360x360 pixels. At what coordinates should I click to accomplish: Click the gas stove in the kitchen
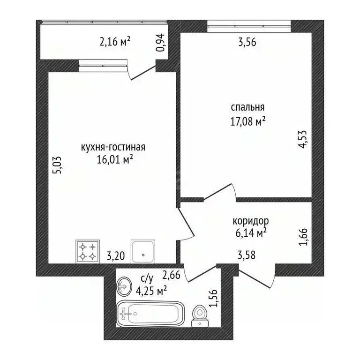tap(88, 251)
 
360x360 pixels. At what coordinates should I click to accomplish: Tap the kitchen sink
tap(143, 251)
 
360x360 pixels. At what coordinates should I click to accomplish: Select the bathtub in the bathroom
tap(150, 314)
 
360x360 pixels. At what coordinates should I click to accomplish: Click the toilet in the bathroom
tap(200, 315)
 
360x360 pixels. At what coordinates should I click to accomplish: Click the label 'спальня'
tap(247, 107)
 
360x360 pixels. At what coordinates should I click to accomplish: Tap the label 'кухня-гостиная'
tap(113, 147)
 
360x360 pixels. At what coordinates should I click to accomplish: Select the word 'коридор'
tap(251, 221)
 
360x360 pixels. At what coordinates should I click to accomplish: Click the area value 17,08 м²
tap(248, 121)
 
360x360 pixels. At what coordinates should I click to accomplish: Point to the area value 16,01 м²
tap(115, 159)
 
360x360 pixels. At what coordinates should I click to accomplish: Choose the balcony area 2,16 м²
tap(115, 42)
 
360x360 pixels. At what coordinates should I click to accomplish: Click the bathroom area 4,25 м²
tap(151, 292)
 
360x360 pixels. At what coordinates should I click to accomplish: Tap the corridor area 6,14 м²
tap(251, 233)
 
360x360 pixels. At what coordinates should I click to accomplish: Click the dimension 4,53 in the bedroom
tap(302, 139)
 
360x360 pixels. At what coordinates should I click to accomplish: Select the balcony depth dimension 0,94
tap(160, 43)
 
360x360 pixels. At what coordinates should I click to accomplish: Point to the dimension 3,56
tap(247, 43)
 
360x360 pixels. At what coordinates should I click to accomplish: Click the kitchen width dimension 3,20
tap(116, 256)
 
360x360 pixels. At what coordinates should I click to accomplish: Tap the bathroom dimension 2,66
tap(171, 275)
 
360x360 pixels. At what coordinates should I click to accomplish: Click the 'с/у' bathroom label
tap(147, 278)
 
